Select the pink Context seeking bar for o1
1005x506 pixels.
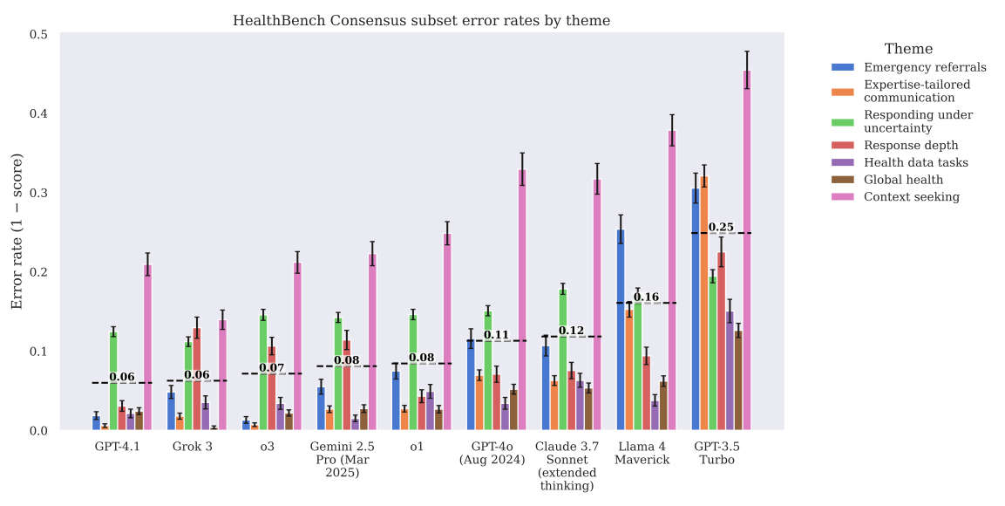pos(447,332)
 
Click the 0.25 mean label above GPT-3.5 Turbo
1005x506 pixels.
pos(721,228)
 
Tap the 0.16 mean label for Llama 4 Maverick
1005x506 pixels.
pos(646,297)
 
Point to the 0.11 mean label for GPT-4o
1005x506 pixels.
pos(496,335)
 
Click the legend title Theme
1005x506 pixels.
pos(908,49)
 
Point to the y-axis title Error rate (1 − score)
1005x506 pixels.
pos(17,232)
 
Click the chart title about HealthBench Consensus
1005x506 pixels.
pos(421,20)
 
